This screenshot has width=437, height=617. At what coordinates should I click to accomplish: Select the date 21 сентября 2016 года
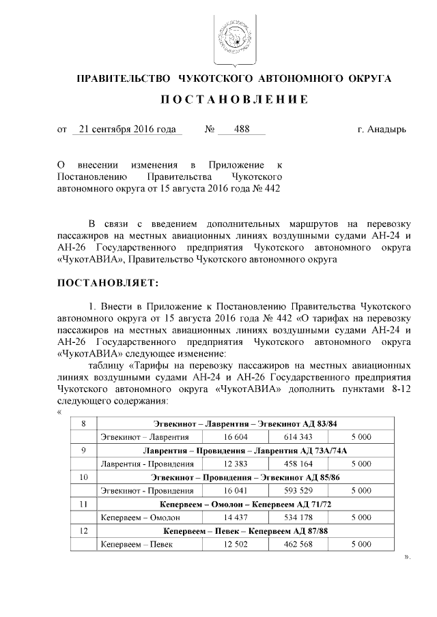127,129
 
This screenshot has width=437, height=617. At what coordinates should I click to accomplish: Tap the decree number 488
241,129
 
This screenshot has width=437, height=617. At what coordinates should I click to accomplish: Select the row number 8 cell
83,424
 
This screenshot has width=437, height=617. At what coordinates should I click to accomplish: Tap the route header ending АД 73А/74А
245,451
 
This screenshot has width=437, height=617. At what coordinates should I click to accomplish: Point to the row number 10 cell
83,477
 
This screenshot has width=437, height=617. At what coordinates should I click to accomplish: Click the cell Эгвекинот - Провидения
147,490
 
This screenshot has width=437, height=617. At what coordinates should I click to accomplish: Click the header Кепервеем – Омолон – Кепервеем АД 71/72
245,505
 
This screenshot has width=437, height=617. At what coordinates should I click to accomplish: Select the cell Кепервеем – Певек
137,544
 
